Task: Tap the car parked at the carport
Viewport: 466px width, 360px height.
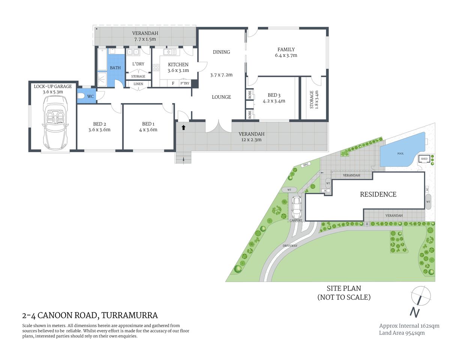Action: (x=296, y=208)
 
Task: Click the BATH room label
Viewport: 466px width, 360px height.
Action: (x=115, y=68)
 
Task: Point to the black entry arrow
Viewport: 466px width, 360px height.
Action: (x=183, y=127)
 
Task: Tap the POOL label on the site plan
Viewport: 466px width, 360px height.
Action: (x=400, y=154)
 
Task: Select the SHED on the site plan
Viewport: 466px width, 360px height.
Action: (x=424, y=159)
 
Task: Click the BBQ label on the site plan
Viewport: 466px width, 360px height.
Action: (x=305, y=165)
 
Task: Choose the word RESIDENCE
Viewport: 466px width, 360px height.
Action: (x=378, y=194)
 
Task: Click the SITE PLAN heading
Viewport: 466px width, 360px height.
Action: (x=344, y=288)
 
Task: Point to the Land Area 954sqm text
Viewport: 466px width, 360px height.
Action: (x=402, y=333)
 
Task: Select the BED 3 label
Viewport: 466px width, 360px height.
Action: (x=274, y=95)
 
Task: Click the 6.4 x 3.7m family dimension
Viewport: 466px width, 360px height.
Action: (x=286, y=55)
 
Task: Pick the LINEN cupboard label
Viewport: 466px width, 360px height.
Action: (x=138, y=84)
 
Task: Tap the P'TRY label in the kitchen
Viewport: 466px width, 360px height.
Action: (x=185, y=83)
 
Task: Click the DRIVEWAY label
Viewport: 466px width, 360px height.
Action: (x=290, y=246)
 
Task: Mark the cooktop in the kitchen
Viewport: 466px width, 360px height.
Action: (x=156, y=68)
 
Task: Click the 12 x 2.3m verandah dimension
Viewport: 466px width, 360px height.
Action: (x=251, y=140)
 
